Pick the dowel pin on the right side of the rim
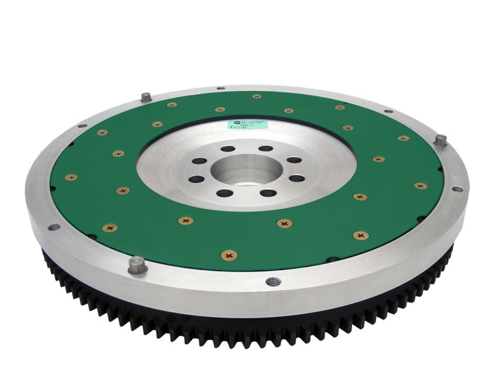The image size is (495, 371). click(x=441, y=140)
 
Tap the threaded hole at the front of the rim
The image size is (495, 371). click(x=270, y=281)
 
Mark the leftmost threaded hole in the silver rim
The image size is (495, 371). click(x=53, y=226)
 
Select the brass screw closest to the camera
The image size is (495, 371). click(x=229, y=254)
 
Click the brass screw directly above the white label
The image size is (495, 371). click(x=256, y=96)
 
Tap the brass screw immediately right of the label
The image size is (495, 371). click(x=288, y=111)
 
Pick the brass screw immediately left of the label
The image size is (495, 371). click(x=219, y=109)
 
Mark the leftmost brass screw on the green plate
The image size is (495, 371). click(x=71, y=177)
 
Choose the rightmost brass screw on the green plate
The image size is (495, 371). click(x=421, y=185)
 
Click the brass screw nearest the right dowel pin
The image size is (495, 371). click(x=403, y=138)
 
